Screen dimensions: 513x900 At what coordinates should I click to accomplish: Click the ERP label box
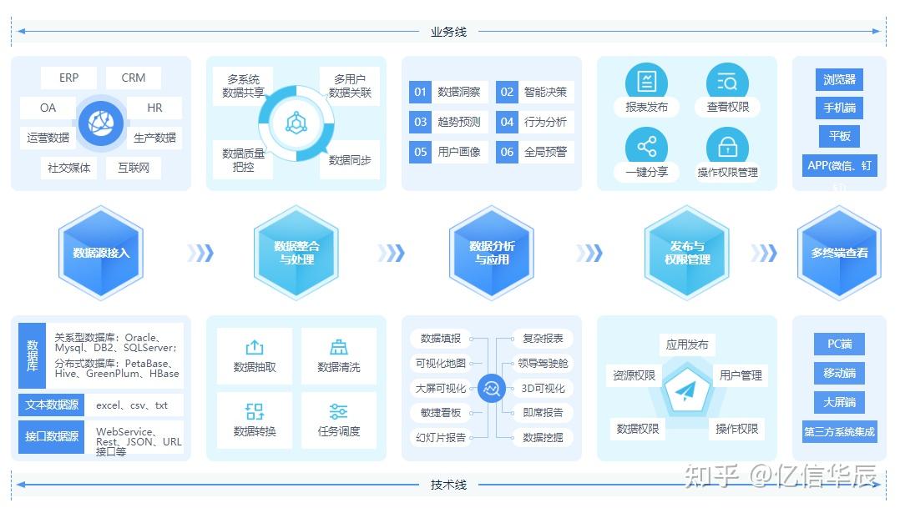[68, 78]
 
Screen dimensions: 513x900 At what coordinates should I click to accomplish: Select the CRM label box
[134, 78]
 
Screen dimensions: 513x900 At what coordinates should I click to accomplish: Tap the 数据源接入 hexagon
[101, 252]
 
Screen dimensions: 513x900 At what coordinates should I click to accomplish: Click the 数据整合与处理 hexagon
[296, 252]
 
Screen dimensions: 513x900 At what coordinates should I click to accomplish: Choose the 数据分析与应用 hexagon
[492, 252]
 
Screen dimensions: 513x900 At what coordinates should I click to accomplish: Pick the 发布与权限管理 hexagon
[687, 252]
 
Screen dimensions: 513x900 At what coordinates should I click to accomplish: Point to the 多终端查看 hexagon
[839, 252]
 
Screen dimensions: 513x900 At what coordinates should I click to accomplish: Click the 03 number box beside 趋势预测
[420, 122]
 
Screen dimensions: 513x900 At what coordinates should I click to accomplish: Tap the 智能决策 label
[545, 92]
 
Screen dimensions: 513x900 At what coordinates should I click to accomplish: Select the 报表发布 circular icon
[646, 82]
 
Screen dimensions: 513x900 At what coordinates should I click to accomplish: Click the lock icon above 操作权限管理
[727, 148]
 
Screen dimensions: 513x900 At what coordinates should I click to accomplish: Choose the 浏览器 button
[839, 79]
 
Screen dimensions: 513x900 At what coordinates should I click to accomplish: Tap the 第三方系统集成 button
[839, 431]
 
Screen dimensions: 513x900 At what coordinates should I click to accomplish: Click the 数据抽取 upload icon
[255, 348]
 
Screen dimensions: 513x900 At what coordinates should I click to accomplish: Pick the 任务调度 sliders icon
[338, 411]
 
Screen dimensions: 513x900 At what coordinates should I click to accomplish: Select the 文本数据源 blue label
[52, 405]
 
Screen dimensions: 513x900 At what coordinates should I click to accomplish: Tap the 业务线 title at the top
[448, 32]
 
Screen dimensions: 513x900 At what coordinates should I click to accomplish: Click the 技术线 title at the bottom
[448, 485]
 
